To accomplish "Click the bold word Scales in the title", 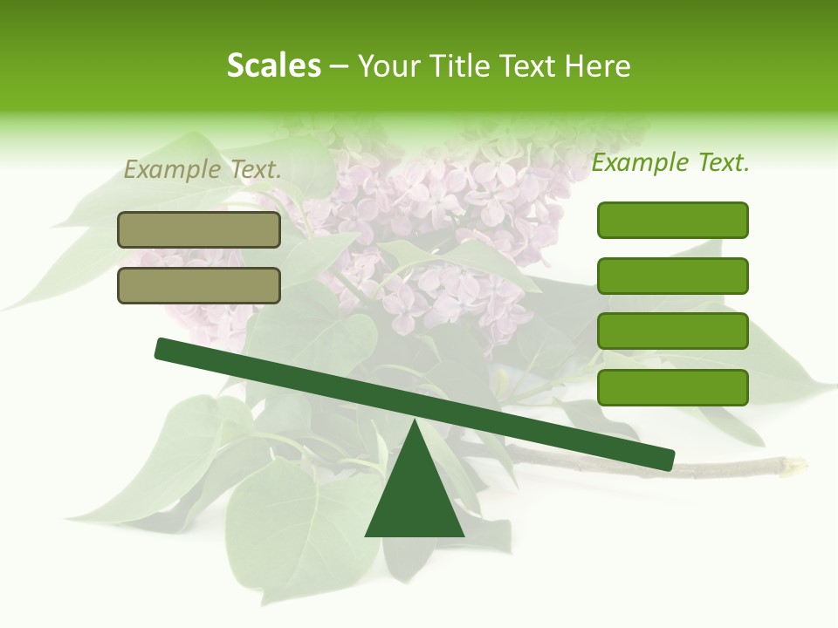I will (x=273, y=65).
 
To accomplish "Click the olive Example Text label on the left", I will (x=203, y=170).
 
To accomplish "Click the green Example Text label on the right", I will (x=670, y=162).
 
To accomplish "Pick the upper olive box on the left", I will (x=199, y=229).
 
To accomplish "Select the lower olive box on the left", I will (x=199, y=285).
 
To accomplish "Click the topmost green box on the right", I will (x=672, y=220).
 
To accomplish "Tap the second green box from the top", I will (x=672, y=276).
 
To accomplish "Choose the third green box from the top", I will (x=672, y=331).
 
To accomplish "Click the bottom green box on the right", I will (x=672, y=387).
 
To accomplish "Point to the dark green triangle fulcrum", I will (x=415, y=493).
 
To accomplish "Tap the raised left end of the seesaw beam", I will (x=163, y=348).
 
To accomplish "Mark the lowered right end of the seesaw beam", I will (x=667, y=459).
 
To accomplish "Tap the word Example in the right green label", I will (x=640, y=162).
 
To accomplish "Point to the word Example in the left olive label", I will (x=172, y=170).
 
